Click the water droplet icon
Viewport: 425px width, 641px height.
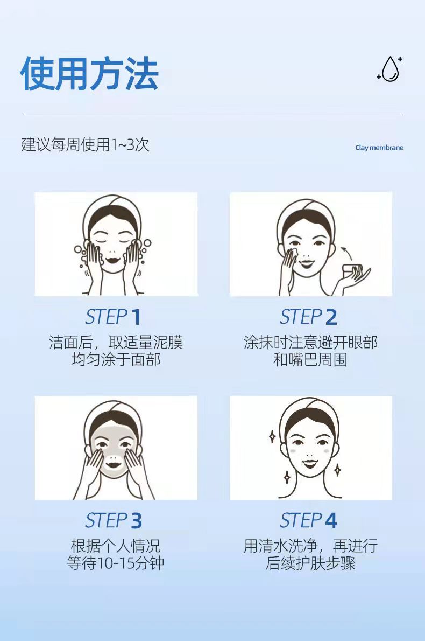[390, 69]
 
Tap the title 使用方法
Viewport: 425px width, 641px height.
[89, 74]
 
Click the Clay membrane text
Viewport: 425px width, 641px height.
[379, 148]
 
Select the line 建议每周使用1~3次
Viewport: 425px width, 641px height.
[86, 145]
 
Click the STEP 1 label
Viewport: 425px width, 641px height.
[113, 317]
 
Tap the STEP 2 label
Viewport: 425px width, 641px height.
[308, 317]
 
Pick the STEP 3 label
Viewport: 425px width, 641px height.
[113, 520]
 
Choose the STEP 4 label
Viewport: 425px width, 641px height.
[308, 520]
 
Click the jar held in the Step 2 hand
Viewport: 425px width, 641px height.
[352, 270]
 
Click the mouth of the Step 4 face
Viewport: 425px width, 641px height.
[310, 463]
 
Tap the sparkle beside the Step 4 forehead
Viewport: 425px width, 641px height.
[272, 436]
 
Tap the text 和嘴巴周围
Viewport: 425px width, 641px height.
[310, 360]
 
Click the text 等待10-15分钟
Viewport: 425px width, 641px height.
[116, 563]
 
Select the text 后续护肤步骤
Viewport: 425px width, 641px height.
[310, 563]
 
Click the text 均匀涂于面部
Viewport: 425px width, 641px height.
[116, 360]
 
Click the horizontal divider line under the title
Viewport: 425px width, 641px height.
[212, 114]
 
